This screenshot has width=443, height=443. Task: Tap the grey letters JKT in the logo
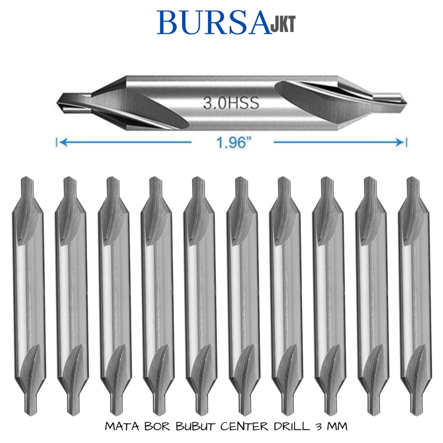(x=283, y=24)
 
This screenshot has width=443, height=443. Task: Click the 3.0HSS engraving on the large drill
(x=231, y=103)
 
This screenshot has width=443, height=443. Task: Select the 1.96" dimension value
(x=233, y=143)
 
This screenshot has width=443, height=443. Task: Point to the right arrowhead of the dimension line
(x=400, y=142)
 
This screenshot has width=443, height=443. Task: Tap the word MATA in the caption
(x=122, y=427)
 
